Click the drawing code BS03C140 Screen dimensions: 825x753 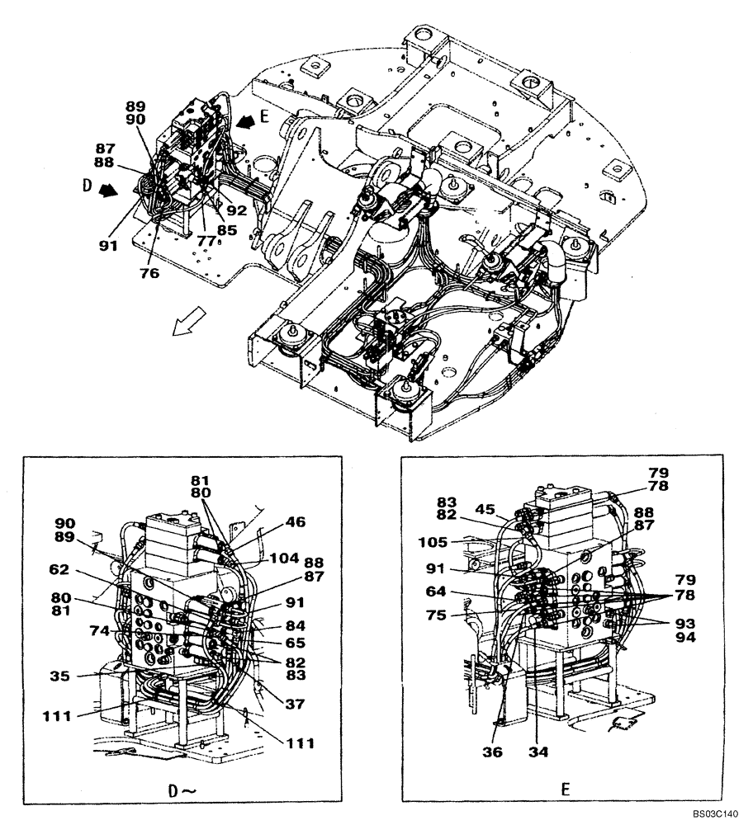coord(715,813)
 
